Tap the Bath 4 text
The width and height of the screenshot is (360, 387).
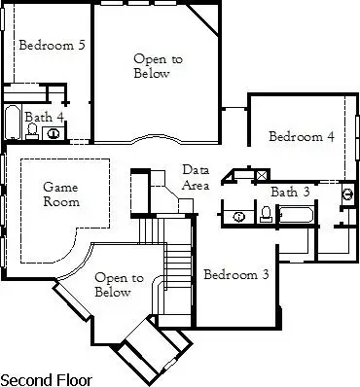(x=45, y=117)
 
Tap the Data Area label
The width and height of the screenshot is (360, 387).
(x=195, y=177)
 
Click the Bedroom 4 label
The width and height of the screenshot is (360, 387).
(x=302, y=136)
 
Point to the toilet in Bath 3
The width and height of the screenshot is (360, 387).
(x=266, y=214)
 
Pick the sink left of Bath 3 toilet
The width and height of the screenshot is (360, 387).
(x=238, y=215)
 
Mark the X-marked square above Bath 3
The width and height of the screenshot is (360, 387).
(x=261, y=176)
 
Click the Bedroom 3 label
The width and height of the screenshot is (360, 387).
(x=236, y=275)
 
